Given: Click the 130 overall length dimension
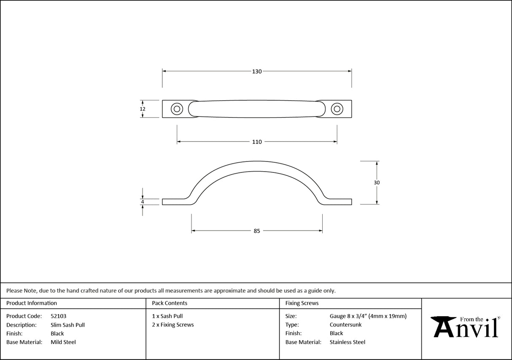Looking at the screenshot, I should (x=257, y=72).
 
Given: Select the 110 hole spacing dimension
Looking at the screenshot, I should (x=257, y=142).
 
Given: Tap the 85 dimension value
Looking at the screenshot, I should (x=257, y=231).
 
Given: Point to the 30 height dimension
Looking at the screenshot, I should (x=377, y=183).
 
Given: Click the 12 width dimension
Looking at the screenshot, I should (x=143, y=109).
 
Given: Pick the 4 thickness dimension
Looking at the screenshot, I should (x=143, y=202).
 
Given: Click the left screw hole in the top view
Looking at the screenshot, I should (x=177, y=109).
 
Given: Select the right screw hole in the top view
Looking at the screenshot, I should (x=337, y=109).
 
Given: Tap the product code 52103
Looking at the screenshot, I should (x=58, y=316).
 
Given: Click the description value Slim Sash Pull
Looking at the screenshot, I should (x=67, y=325).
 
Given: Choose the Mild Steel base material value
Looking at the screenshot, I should (x=63, y=342).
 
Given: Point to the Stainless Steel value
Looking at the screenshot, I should (x=348, y=342).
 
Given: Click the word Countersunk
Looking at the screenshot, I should (x=345, y=325).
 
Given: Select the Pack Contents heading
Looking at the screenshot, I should (x=170, y=303).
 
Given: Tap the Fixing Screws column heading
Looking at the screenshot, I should (x=302, y=303).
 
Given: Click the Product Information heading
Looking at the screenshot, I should (x=32, y=303).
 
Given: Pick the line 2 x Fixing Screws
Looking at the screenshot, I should (x=173, y=325).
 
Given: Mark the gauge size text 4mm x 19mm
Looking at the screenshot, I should (x=388, y=316).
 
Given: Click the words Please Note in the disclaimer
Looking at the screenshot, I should (x=22, y=290).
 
